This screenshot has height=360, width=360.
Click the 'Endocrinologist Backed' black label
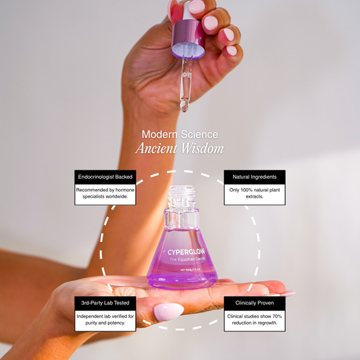point(105,177)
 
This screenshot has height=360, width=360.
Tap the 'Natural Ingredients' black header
point(255,177)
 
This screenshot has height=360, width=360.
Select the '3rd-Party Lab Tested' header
point(105,303)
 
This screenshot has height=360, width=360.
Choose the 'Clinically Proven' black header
point(255,303)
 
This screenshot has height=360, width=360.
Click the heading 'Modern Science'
point(180,134)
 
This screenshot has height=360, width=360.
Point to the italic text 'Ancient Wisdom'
point(180,149)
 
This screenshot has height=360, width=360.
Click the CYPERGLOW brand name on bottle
point(182,252)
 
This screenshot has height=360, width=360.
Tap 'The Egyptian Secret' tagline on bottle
point(182,261)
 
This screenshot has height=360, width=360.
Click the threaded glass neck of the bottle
point(182,197)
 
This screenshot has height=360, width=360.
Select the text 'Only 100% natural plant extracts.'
point(255,194)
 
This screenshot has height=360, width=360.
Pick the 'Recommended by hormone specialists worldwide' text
point(105,194)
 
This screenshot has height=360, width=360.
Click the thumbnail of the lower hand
point(168,312)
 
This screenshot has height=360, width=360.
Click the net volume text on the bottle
point(182,270)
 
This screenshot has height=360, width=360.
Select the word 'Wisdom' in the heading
point(203,149)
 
